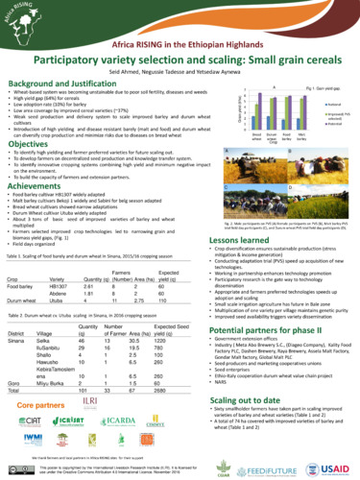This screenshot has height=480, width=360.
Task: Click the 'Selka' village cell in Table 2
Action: [x=43, y=341]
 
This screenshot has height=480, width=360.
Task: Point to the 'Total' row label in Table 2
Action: [x=17, y=392]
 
